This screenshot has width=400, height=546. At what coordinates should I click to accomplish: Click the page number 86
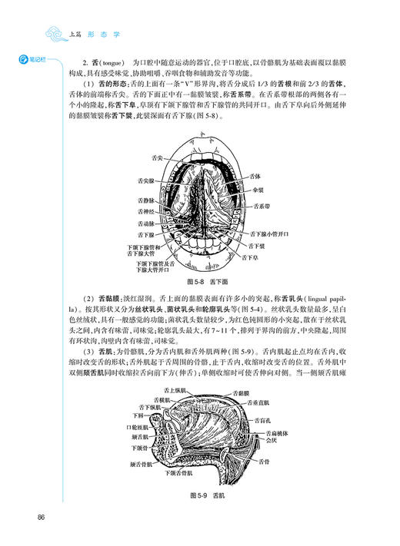40,515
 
